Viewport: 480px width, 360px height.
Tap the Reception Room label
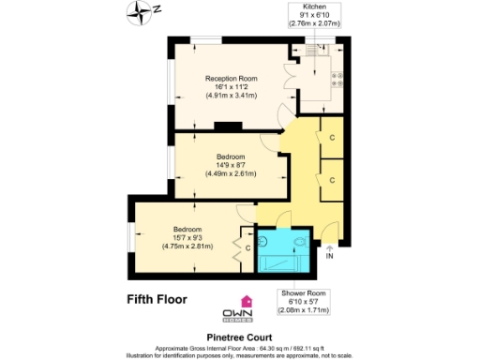coord(230,79)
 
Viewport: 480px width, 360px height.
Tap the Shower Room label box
coord(307,301)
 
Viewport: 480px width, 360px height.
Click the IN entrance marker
coord(328,256)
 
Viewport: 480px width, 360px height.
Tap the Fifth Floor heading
coord(157,300)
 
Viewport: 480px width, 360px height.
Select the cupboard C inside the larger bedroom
coord(247,247)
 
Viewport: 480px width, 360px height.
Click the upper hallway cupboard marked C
coord(334,137)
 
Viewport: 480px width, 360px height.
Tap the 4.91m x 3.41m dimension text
coord(230,96)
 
